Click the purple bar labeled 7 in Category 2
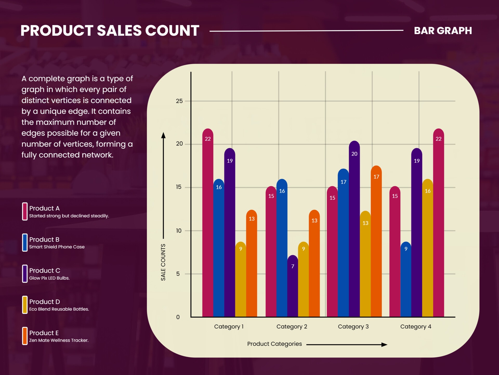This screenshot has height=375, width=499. [x=293, y=286]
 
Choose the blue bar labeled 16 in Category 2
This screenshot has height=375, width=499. [x=282, y=247]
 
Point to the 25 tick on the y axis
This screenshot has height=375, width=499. [x=179, y=101]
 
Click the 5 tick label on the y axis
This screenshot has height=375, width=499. [x=178, y=274]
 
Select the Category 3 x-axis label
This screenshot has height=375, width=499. [x=353, y=327]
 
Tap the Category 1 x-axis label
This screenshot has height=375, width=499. [x=229, y=327]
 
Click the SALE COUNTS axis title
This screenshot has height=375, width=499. [x=163, y=262]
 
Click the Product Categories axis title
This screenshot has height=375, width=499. [x=274, y=344]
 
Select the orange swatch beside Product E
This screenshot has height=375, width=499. [x=25, y=336]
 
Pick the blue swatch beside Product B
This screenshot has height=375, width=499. [x=25, y=242]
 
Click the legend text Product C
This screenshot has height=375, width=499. [x=45, y=271]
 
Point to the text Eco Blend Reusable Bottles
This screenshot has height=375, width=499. [x=59, y=309]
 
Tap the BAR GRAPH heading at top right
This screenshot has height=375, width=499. [x=443, y=31]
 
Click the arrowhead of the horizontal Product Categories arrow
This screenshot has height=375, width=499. [x=384, y=345]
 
